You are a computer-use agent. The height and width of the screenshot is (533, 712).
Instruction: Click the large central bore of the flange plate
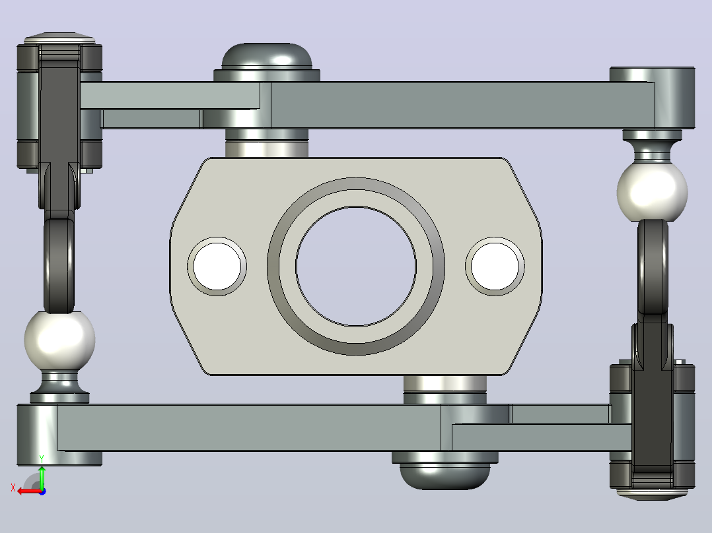pyautogui.click(x=356, y=266)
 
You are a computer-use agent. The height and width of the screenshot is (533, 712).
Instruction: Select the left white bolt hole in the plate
pyautogui.click(x=217, y=266)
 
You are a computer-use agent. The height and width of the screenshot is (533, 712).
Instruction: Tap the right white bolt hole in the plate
pyautogui.click(x=495, y=266)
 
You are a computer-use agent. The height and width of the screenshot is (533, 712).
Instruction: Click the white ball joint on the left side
pyautogui.click(x=59, y=340)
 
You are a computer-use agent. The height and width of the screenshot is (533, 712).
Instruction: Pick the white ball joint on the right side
pyautogui.click(x=652, y=193)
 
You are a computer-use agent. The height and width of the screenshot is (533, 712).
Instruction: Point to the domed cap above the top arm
pyautogui.click(x=267, y=57)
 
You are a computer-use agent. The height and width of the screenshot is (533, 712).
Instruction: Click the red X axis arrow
pyautogui.click(x=30, y=491)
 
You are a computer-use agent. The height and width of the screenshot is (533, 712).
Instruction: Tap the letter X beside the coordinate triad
pyautogui.click(x=13, y=487)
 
